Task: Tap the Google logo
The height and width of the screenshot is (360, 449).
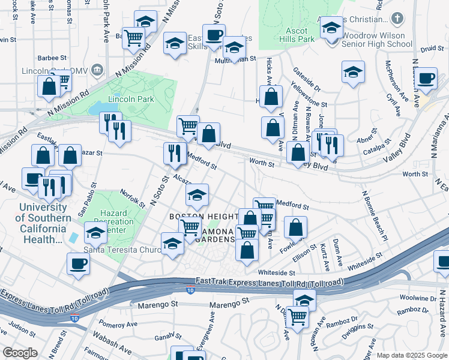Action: tap(20, 353)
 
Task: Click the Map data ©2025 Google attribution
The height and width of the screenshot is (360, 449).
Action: tap(411, 355)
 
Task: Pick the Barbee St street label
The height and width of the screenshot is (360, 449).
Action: tap(51, 58)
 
